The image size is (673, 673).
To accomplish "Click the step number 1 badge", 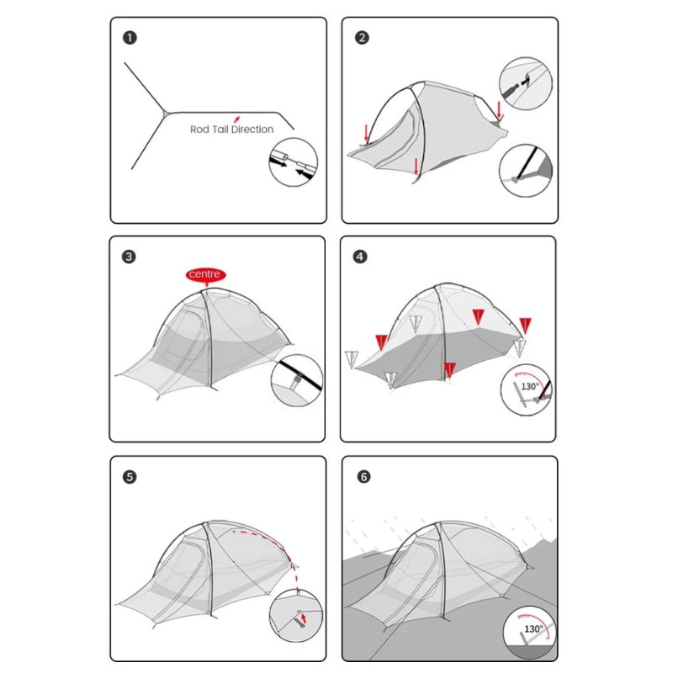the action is tap(130, 38).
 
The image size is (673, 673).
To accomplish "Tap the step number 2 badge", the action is tap(362, 38).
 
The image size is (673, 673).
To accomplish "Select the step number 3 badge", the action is tap(129, 257).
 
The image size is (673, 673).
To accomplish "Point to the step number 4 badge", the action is tap(360, 257).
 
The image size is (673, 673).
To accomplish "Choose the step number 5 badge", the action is tap(130, 477).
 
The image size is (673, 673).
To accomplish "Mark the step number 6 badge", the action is tap(363, 477).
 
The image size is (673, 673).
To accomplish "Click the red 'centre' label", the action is tap(205, 274).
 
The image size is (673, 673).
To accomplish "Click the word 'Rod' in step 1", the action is tap(199, 130).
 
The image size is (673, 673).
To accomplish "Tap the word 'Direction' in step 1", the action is tap(252, 130).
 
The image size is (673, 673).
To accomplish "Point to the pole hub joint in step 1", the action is tap(165, 114).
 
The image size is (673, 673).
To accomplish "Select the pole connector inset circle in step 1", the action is tap(293, 162).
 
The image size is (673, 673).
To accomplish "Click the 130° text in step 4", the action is tap(530, 386).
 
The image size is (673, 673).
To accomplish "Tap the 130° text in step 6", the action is tap(533, 628).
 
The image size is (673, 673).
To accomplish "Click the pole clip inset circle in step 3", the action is tap(297, 380).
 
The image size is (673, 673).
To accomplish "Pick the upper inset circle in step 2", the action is tap(526, 83).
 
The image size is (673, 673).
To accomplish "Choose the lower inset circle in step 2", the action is tap(526, 171).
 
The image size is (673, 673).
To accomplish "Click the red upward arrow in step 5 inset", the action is tap(304, 618).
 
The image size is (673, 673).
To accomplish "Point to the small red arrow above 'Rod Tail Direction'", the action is tap(236, 119).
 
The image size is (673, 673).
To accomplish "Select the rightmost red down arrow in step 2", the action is tap(499, 110).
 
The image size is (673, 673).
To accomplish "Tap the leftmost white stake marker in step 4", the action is tap(351, 359).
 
